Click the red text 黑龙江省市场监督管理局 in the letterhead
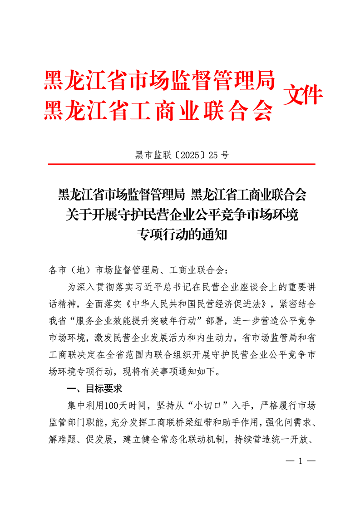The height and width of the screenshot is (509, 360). (159, 81)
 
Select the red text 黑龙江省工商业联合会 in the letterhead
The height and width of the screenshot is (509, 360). (159, 110)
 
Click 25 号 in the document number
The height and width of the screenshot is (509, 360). (219, 155)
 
